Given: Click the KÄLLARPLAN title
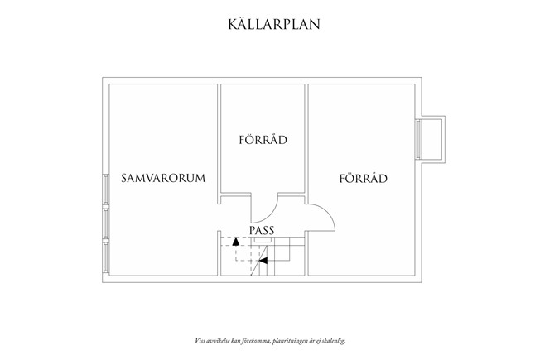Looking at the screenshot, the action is tap(274, 24).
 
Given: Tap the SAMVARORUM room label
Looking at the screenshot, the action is tap(163, 178).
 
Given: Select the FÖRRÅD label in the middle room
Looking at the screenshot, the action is tap(263, 139).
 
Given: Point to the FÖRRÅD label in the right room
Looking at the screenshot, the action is tap(364, 178).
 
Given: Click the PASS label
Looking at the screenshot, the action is tap(262, 230).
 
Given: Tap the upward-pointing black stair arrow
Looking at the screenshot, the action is tap(235, 242).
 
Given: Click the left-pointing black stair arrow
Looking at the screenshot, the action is tap(263, 261).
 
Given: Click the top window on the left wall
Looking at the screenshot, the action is tap(106, 190).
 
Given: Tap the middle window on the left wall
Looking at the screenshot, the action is tap(106, 223).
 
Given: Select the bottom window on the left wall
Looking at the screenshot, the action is tap(106, 257).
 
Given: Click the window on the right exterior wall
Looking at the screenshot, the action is tap(418, 139).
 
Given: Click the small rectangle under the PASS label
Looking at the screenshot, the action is tap(263, 239).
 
